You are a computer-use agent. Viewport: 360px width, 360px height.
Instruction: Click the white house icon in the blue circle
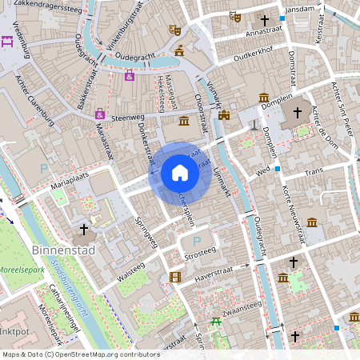(x=179, y=173)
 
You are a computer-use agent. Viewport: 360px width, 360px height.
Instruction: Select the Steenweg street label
(x=127, y=118)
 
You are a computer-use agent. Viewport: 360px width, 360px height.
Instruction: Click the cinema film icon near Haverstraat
(x=174, y=278)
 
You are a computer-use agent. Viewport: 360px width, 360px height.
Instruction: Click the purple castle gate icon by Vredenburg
(x=9, y=42)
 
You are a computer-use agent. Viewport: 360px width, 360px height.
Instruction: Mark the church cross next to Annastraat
(x=265, y=20)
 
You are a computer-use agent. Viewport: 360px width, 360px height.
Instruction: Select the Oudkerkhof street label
(x=247, y=58)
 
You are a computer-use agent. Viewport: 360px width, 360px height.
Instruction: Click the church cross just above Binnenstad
(x=84, y=230)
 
